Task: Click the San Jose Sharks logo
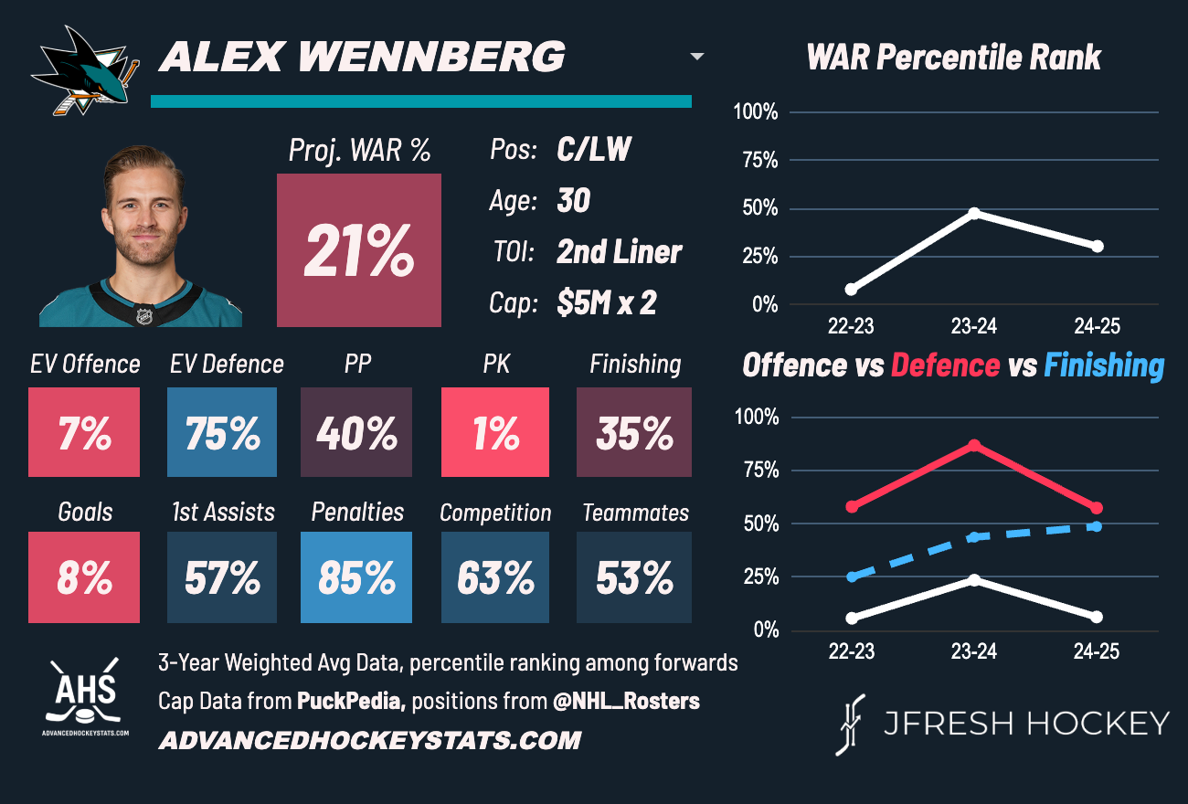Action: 85,70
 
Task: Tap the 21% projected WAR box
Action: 358,250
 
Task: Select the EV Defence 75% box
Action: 222,432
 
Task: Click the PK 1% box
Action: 495,432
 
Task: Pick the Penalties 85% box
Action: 356,577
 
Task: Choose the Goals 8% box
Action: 84,577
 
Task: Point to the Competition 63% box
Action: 495,577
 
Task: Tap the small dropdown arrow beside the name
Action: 697,57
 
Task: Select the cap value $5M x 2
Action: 607,303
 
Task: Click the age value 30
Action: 573,200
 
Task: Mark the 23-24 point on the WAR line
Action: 974,213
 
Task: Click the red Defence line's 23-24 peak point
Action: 974,445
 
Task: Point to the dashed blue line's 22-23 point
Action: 852,577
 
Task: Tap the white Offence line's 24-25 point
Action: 1097,617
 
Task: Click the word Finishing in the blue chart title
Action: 1104,365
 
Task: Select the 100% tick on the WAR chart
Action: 756,112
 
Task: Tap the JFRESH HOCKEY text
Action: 1025,724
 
